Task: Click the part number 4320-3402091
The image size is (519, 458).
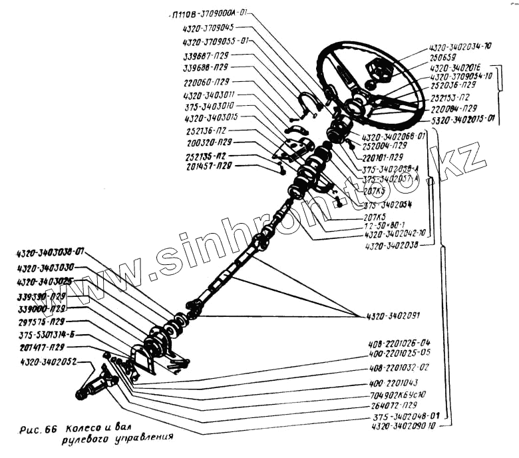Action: [398, 314]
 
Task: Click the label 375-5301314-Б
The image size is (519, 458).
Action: [47, 335]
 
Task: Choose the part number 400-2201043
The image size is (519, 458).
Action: [393, 383]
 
